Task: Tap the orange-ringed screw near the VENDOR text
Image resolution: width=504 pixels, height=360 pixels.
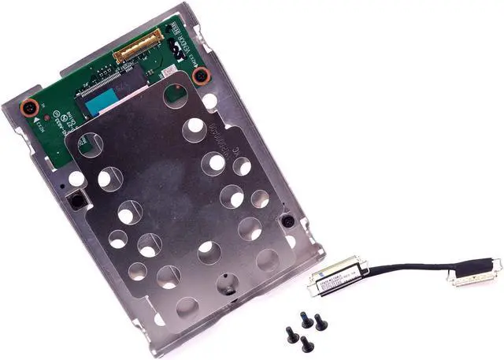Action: (x=201, y=76)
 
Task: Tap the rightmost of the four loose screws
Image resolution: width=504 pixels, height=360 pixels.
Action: (x=321, y=321)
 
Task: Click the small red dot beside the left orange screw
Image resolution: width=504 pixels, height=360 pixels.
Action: (x=48, y=113)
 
